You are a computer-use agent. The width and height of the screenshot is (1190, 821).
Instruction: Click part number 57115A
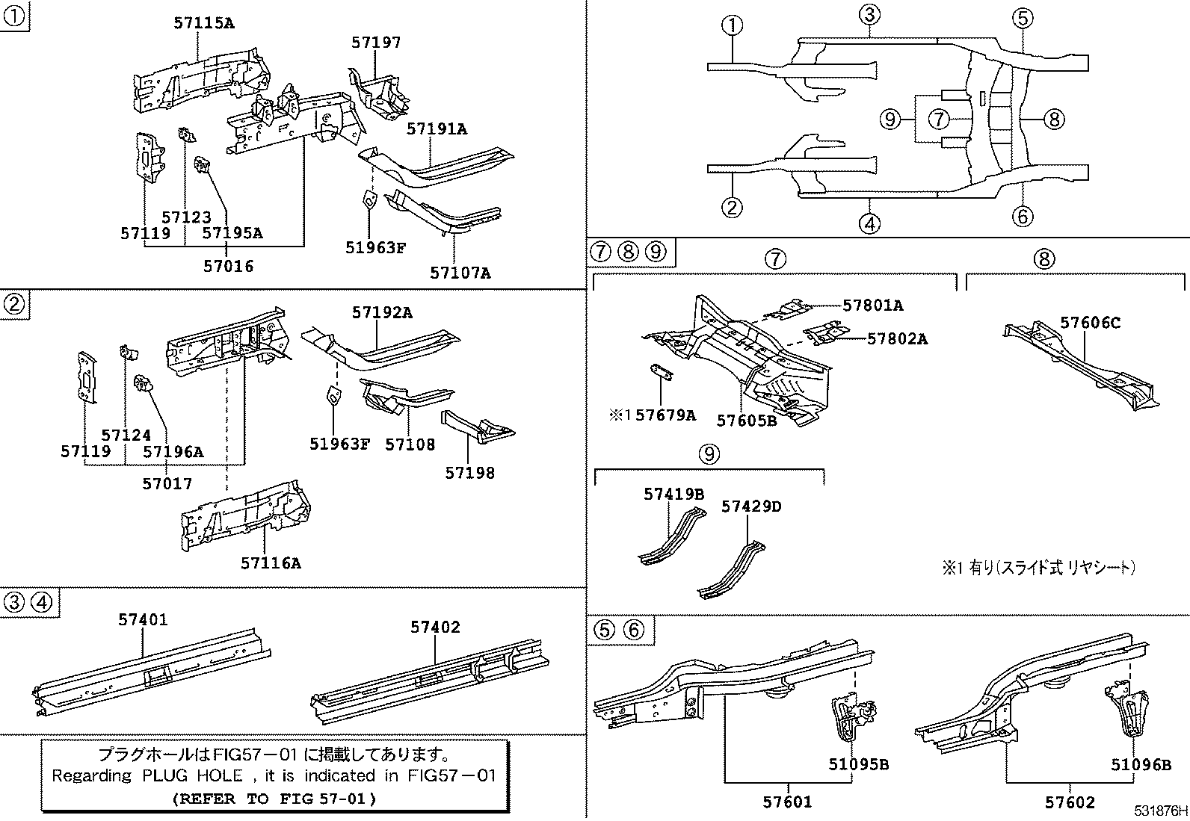click(x=203, y=23)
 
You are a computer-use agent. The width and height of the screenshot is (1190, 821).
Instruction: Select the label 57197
click(x=376, y=43)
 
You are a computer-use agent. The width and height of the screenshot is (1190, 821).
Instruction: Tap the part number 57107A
click(x=460, y=273)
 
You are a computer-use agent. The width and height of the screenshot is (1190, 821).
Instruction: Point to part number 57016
click(x=228, y=265)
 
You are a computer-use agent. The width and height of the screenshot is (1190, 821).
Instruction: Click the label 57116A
click(x=271, y=563)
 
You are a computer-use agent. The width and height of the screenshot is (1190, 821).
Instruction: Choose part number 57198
click(x=469, y=472)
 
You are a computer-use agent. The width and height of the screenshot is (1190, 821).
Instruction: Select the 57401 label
click(x=143, y=619)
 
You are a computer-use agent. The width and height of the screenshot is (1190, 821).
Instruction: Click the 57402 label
click(x=435, y=627)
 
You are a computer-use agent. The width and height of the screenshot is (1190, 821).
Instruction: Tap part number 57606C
click(x=1091, y=323)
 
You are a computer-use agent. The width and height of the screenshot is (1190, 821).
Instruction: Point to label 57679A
click(x=665, y=415)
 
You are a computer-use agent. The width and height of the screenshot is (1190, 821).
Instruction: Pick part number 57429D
click(x=751, y=506)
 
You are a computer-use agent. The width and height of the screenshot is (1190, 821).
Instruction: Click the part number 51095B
click(x=858, y=764)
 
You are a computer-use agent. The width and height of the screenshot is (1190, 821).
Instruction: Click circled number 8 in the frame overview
click(x=1052, y=119)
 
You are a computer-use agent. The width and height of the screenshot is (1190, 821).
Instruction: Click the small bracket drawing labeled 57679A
click(x=660, y=371)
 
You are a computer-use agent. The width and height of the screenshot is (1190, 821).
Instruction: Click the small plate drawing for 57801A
click(x=792, y=307)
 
